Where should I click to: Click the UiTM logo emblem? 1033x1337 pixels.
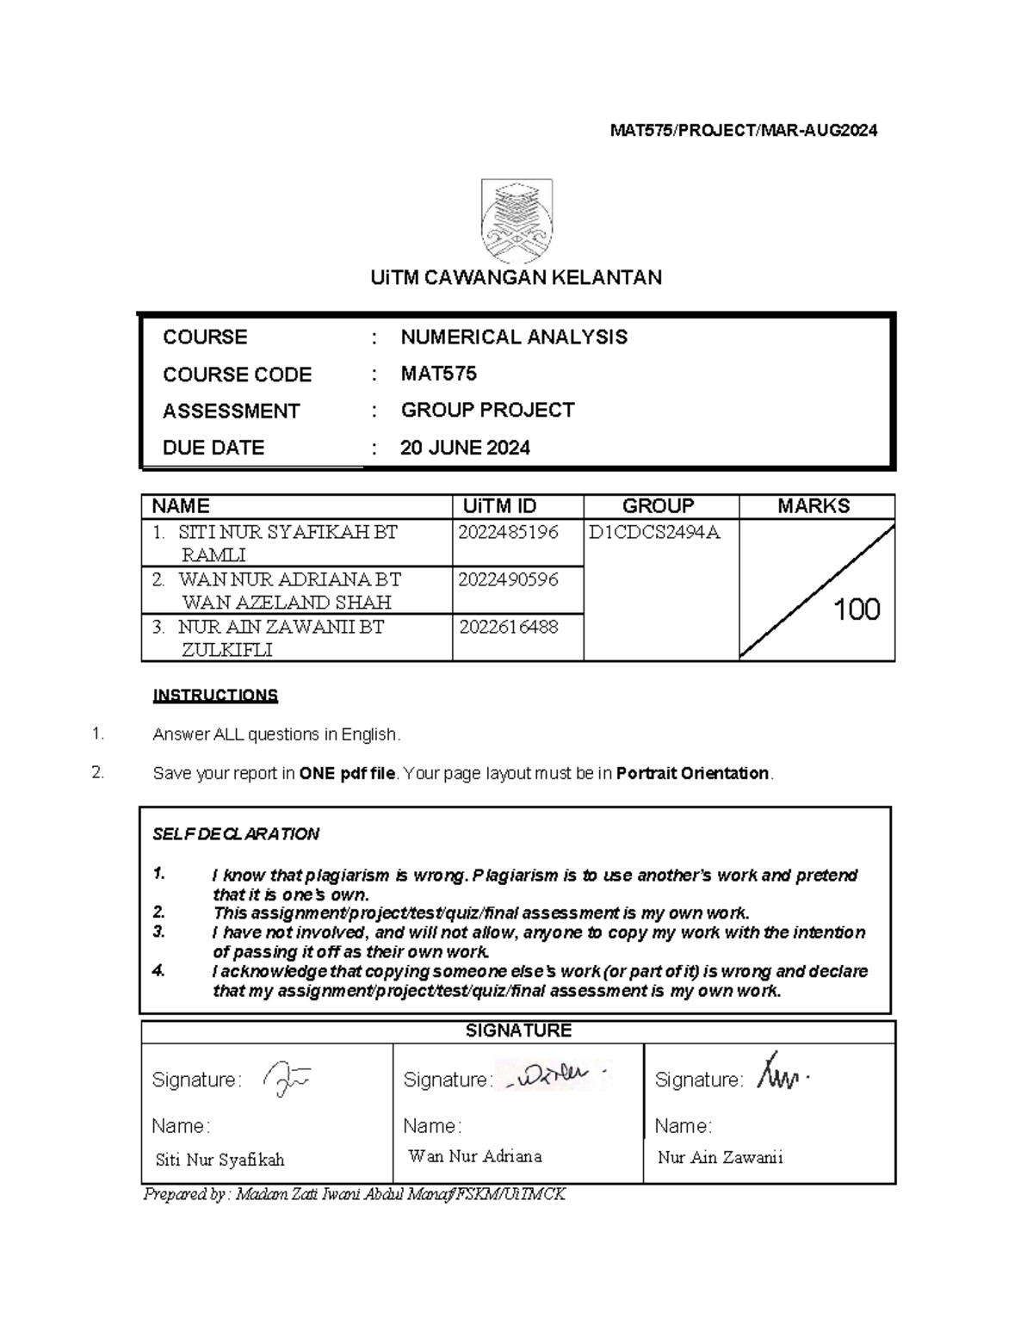[516, 220]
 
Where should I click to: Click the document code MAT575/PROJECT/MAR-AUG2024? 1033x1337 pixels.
[744, 131]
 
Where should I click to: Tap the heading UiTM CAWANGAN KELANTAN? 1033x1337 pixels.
[516, 277]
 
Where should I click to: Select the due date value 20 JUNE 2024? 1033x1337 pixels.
[465, 448]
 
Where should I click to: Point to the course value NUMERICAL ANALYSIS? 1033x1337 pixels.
[514, 337]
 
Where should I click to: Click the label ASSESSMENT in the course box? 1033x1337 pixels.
[231, 411]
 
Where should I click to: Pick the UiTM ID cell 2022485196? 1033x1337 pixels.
[508, 533]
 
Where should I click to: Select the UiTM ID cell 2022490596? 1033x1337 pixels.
[508, 579]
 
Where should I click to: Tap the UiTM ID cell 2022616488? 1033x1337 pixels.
[508, 627]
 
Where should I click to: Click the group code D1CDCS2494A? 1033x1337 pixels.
[653, 533]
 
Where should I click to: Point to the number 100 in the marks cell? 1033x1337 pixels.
[857, 610]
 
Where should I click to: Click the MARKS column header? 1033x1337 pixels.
[813, 506]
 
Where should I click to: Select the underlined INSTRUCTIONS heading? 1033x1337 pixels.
[215, 695]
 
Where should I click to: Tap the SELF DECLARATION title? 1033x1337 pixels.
[235, 833]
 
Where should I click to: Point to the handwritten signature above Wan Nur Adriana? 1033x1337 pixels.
[554, 1075]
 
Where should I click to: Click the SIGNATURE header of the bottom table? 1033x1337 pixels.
[518, 1031]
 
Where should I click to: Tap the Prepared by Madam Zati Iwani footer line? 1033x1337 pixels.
[355, 1194]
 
